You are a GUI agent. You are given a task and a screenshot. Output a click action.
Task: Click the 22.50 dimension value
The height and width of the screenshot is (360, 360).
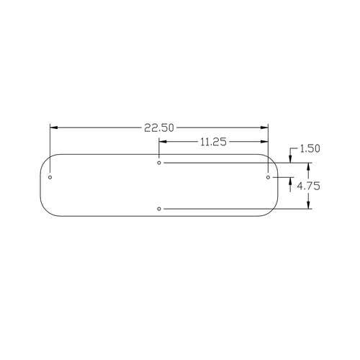(158, 127)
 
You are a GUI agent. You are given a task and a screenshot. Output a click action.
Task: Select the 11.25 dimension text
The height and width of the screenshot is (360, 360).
(213, 142)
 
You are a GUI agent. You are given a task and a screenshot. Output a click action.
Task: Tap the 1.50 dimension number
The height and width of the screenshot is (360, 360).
(310, 148)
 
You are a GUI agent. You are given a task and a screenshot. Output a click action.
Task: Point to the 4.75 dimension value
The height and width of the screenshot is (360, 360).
(308, 186)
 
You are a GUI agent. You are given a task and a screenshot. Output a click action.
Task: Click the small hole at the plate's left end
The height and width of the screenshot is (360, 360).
(50, 177)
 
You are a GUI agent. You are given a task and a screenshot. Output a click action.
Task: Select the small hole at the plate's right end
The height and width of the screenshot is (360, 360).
(268, 177)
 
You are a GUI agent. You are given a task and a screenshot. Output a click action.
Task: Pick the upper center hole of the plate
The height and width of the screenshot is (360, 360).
(159, 163)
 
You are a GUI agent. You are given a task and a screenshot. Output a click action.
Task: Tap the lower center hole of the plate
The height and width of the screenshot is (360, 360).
(159, 209)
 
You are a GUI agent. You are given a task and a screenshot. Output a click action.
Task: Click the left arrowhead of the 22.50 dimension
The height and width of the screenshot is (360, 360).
(53, 127)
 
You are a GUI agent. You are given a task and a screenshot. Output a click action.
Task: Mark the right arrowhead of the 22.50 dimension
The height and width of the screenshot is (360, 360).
(264, 127)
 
